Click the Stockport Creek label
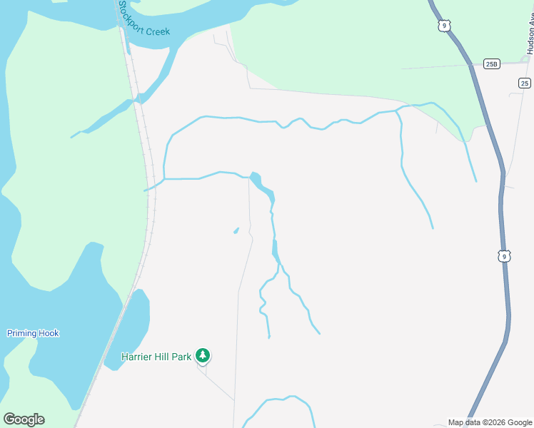143,18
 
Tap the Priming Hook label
33,333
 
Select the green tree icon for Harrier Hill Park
203,355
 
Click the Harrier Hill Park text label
156,357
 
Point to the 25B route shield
491,64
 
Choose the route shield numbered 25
524,83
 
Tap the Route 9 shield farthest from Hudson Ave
504,256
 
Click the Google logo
24,419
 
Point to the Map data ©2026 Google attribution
489,422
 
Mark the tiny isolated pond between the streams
236,230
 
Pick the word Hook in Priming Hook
49,333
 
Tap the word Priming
22,333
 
